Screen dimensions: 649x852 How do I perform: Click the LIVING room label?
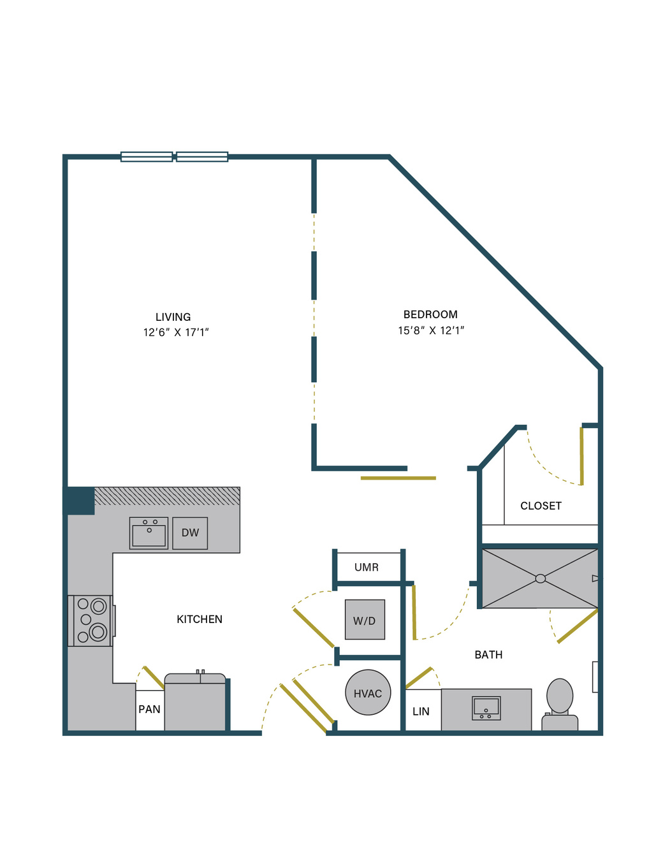point(173,317)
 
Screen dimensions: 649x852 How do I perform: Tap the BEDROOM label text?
point(430,314)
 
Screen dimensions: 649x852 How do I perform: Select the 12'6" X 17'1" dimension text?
point(176,332)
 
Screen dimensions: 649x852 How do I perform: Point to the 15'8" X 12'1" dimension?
point(431,330)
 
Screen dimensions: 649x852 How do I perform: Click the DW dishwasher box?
point(190,533)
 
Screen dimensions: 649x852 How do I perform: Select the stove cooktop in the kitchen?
point(91,621)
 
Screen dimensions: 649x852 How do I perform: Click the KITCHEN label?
point(200,619)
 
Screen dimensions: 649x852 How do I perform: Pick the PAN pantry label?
point(149,709)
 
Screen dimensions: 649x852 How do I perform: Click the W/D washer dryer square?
point(365,619)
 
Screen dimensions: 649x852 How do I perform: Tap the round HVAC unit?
point(368,693)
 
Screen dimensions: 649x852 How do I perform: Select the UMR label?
point(367,568)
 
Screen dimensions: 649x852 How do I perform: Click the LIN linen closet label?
point(421,712)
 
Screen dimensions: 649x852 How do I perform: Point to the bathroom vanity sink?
point(486,709)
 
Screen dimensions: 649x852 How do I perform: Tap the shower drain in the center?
point(541,579)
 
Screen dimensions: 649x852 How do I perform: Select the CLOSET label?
point(541,506)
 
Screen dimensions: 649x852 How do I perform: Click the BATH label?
point(488,655)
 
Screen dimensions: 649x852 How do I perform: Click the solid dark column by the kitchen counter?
point(79,501)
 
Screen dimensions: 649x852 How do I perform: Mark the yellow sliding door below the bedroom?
point(398,478)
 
